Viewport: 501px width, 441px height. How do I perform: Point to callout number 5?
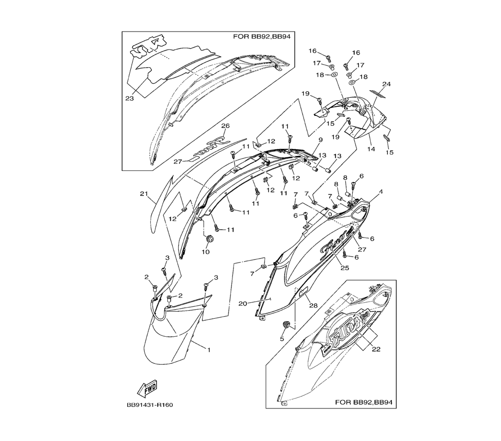coord(282,339)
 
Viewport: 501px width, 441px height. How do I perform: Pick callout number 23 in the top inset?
coord(129,98)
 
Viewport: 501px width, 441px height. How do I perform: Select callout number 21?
coord(144,194)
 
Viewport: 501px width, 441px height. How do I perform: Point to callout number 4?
coord(381,192)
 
